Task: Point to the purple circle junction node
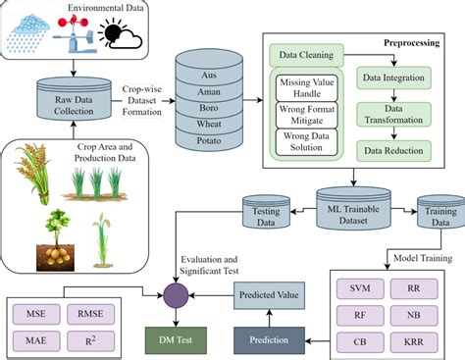(x=177, y=290)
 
